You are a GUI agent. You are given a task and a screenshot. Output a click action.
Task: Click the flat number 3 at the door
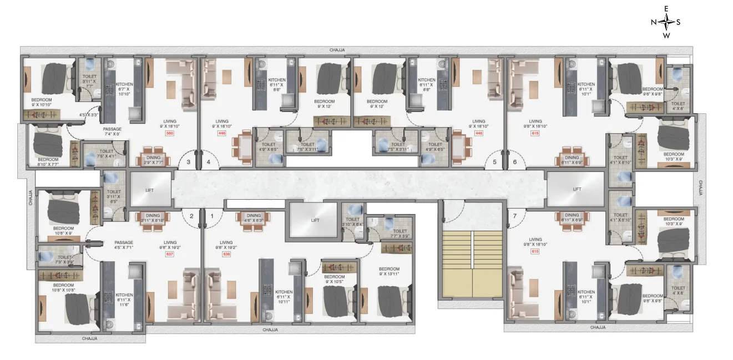click(x=188, y=163)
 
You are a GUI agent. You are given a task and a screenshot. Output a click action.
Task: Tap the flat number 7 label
click(x=514, y=215)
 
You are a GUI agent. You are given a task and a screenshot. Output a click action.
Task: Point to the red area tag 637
click(x=170, y=255)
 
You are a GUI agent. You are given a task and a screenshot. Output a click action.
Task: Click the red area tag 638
click(x=226, y=255)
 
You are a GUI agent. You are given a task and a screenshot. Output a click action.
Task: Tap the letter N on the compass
click(x=654, y=22)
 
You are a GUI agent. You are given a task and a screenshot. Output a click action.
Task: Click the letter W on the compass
click(x=666, y=36)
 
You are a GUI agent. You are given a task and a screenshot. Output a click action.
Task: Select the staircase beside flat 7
click(x=472, y=265)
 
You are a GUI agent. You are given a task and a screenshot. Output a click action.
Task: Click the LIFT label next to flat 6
click(x=575, y=189)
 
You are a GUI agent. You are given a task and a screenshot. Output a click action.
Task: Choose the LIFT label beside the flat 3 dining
click(x=150, y=189)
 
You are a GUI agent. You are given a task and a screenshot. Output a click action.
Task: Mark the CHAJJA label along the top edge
click(x=337, y=50)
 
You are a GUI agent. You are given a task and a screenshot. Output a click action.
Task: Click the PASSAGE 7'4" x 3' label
click(x=112, y=131)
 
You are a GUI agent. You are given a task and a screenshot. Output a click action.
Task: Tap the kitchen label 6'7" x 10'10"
click(x=124, y=88)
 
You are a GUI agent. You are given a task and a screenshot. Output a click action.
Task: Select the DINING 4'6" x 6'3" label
click(x=254, y=218)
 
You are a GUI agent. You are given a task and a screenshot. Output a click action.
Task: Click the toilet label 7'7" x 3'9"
click(x=400, y=233)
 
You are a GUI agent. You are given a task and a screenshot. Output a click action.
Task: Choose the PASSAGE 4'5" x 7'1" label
click(x=124, y=245)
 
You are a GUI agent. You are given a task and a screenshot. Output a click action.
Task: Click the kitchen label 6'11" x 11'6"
click(x=124, y=298)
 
